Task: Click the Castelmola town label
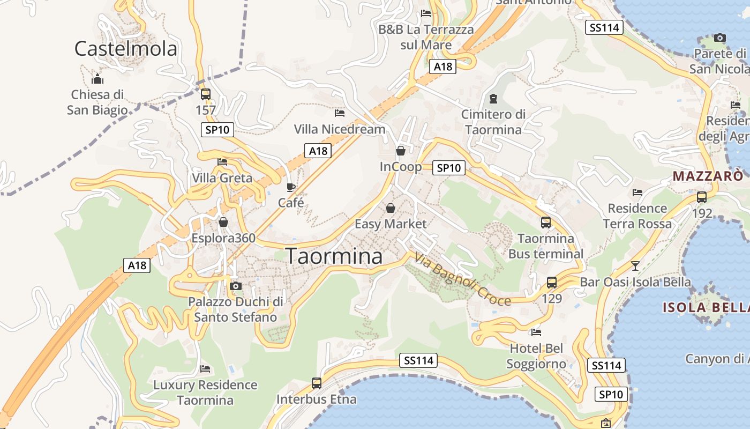[x=125, y=49]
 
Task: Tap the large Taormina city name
[x=334, y=256]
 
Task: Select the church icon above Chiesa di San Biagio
[x=97, y=79]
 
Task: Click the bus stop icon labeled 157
[x=205, y=94]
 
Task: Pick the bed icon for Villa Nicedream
[x=340, y=113]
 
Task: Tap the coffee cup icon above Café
[x=291, y=187]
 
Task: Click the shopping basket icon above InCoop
[x=400, y=151]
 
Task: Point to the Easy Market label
[x=391, y=224]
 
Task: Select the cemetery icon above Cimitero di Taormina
[x=493, y=99]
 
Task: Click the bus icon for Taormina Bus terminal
[x=545, y=222]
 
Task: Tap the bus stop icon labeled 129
[x=552, y=283]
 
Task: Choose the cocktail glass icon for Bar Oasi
[x=635, y=265]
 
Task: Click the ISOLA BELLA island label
[x=706, y=308]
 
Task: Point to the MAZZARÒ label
[x=708, y=176]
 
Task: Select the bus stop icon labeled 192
[x=702, y=197]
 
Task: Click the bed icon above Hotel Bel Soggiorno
[x=536, y=332]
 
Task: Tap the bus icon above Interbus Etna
[x=317, y=383]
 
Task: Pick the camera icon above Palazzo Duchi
[x=235, y=286]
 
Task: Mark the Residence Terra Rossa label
[x=637, y=216]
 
